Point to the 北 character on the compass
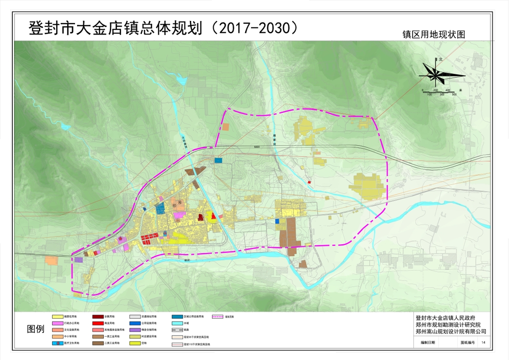coord(440,59)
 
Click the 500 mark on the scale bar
coord(454,94)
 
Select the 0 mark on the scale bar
coord(423,90)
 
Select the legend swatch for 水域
coord(177,323)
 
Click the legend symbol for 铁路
coord(177,330)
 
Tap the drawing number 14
coord(483,343)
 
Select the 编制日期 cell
coord(429,343)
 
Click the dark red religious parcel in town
coord(200,218)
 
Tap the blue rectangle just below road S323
coord(218,160)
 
